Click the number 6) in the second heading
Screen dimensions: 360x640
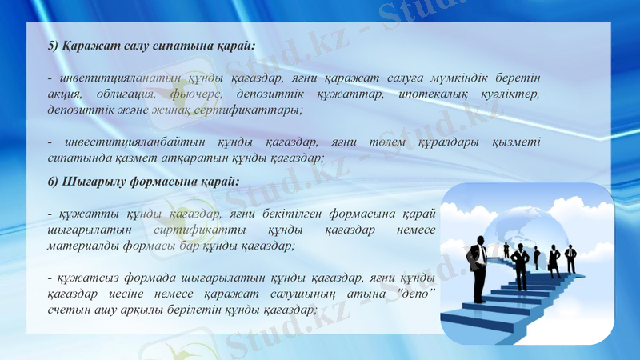[54, 181]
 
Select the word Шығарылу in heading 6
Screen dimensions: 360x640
[92, 182]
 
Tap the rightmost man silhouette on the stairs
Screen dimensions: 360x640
[570, 258]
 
